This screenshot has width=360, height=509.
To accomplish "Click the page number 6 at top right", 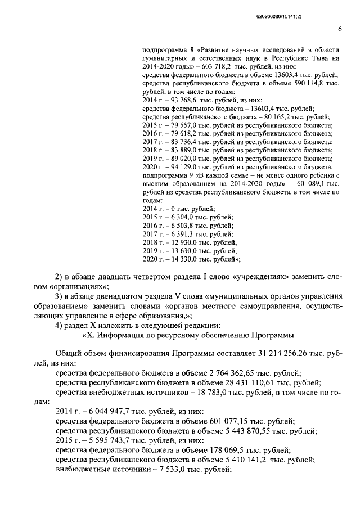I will (x=340, y=29).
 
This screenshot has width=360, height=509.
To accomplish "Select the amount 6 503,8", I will (x=179, y=225).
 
